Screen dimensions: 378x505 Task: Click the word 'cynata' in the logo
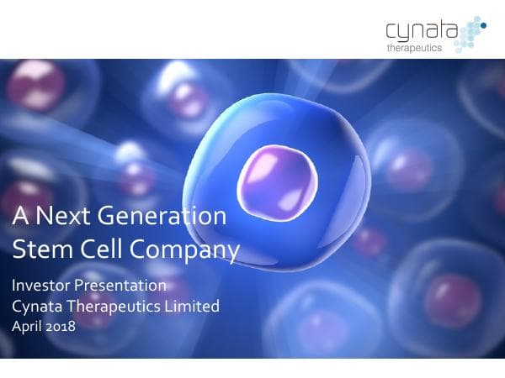[x=422, y=33]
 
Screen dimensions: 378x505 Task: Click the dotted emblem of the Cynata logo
[x=473, y=32]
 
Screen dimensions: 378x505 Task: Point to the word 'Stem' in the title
[x=38, y=249]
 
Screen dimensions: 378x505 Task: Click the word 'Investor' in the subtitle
[x=41, y=286]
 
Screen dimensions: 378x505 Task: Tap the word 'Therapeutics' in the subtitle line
[x=114, y=307]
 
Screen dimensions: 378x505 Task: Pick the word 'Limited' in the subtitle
[x=194, y=307]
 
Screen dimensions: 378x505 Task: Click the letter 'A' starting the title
[x=20, y=217]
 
